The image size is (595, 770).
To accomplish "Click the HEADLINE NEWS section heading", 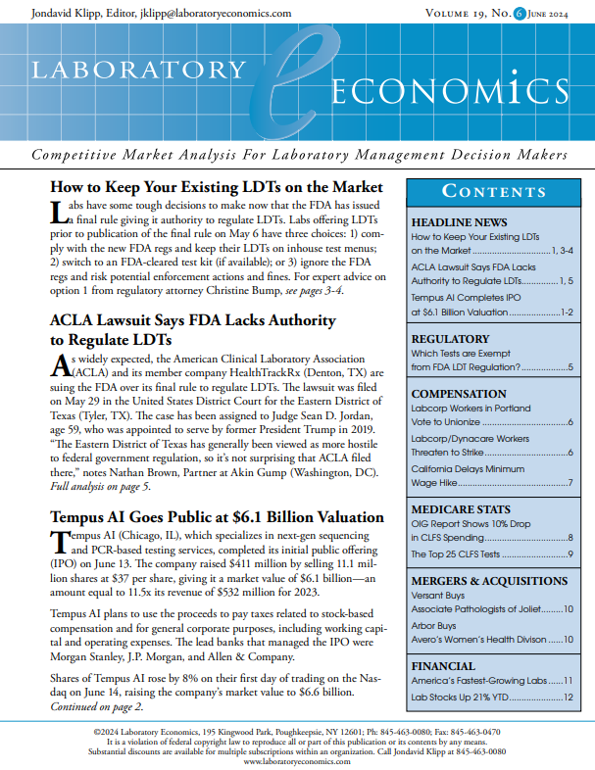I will pyautogui.click(x=459, y=222).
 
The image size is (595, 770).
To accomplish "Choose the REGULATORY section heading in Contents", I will pyautogui.click(x=450, y=339).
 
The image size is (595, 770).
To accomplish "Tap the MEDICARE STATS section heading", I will pyautogui.click(x=460, y=509).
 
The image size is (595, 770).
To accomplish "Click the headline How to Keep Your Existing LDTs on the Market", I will pyautogui.click(x=218, y=186).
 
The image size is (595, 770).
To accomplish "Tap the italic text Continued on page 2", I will pyautogui.click(x=101, y=706).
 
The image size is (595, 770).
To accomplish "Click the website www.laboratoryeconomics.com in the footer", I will pyautogui.click(x=296, y=759).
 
